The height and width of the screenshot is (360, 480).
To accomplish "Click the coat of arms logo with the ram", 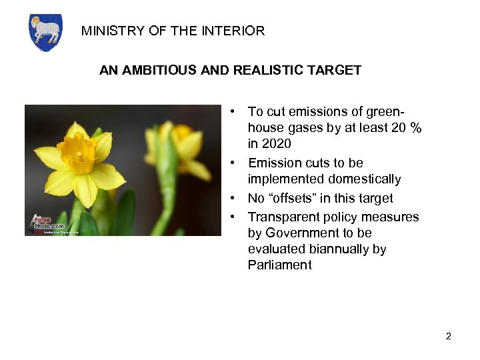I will tap(45, 33).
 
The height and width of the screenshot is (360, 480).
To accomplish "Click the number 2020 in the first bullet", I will tap(276, 144).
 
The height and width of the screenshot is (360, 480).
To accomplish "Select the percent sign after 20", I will tap(416, 128).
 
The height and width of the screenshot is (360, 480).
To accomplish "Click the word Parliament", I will tap(279, 265).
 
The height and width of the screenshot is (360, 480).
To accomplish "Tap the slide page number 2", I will tap(449, 336).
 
